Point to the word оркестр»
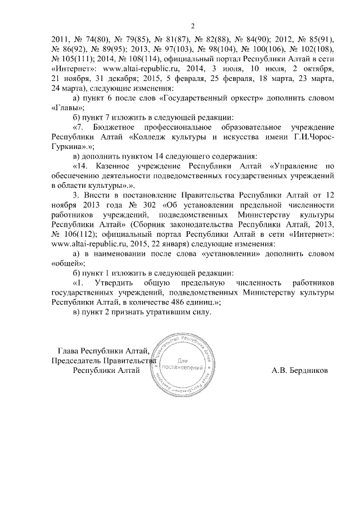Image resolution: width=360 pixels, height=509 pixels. [242, 97]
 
